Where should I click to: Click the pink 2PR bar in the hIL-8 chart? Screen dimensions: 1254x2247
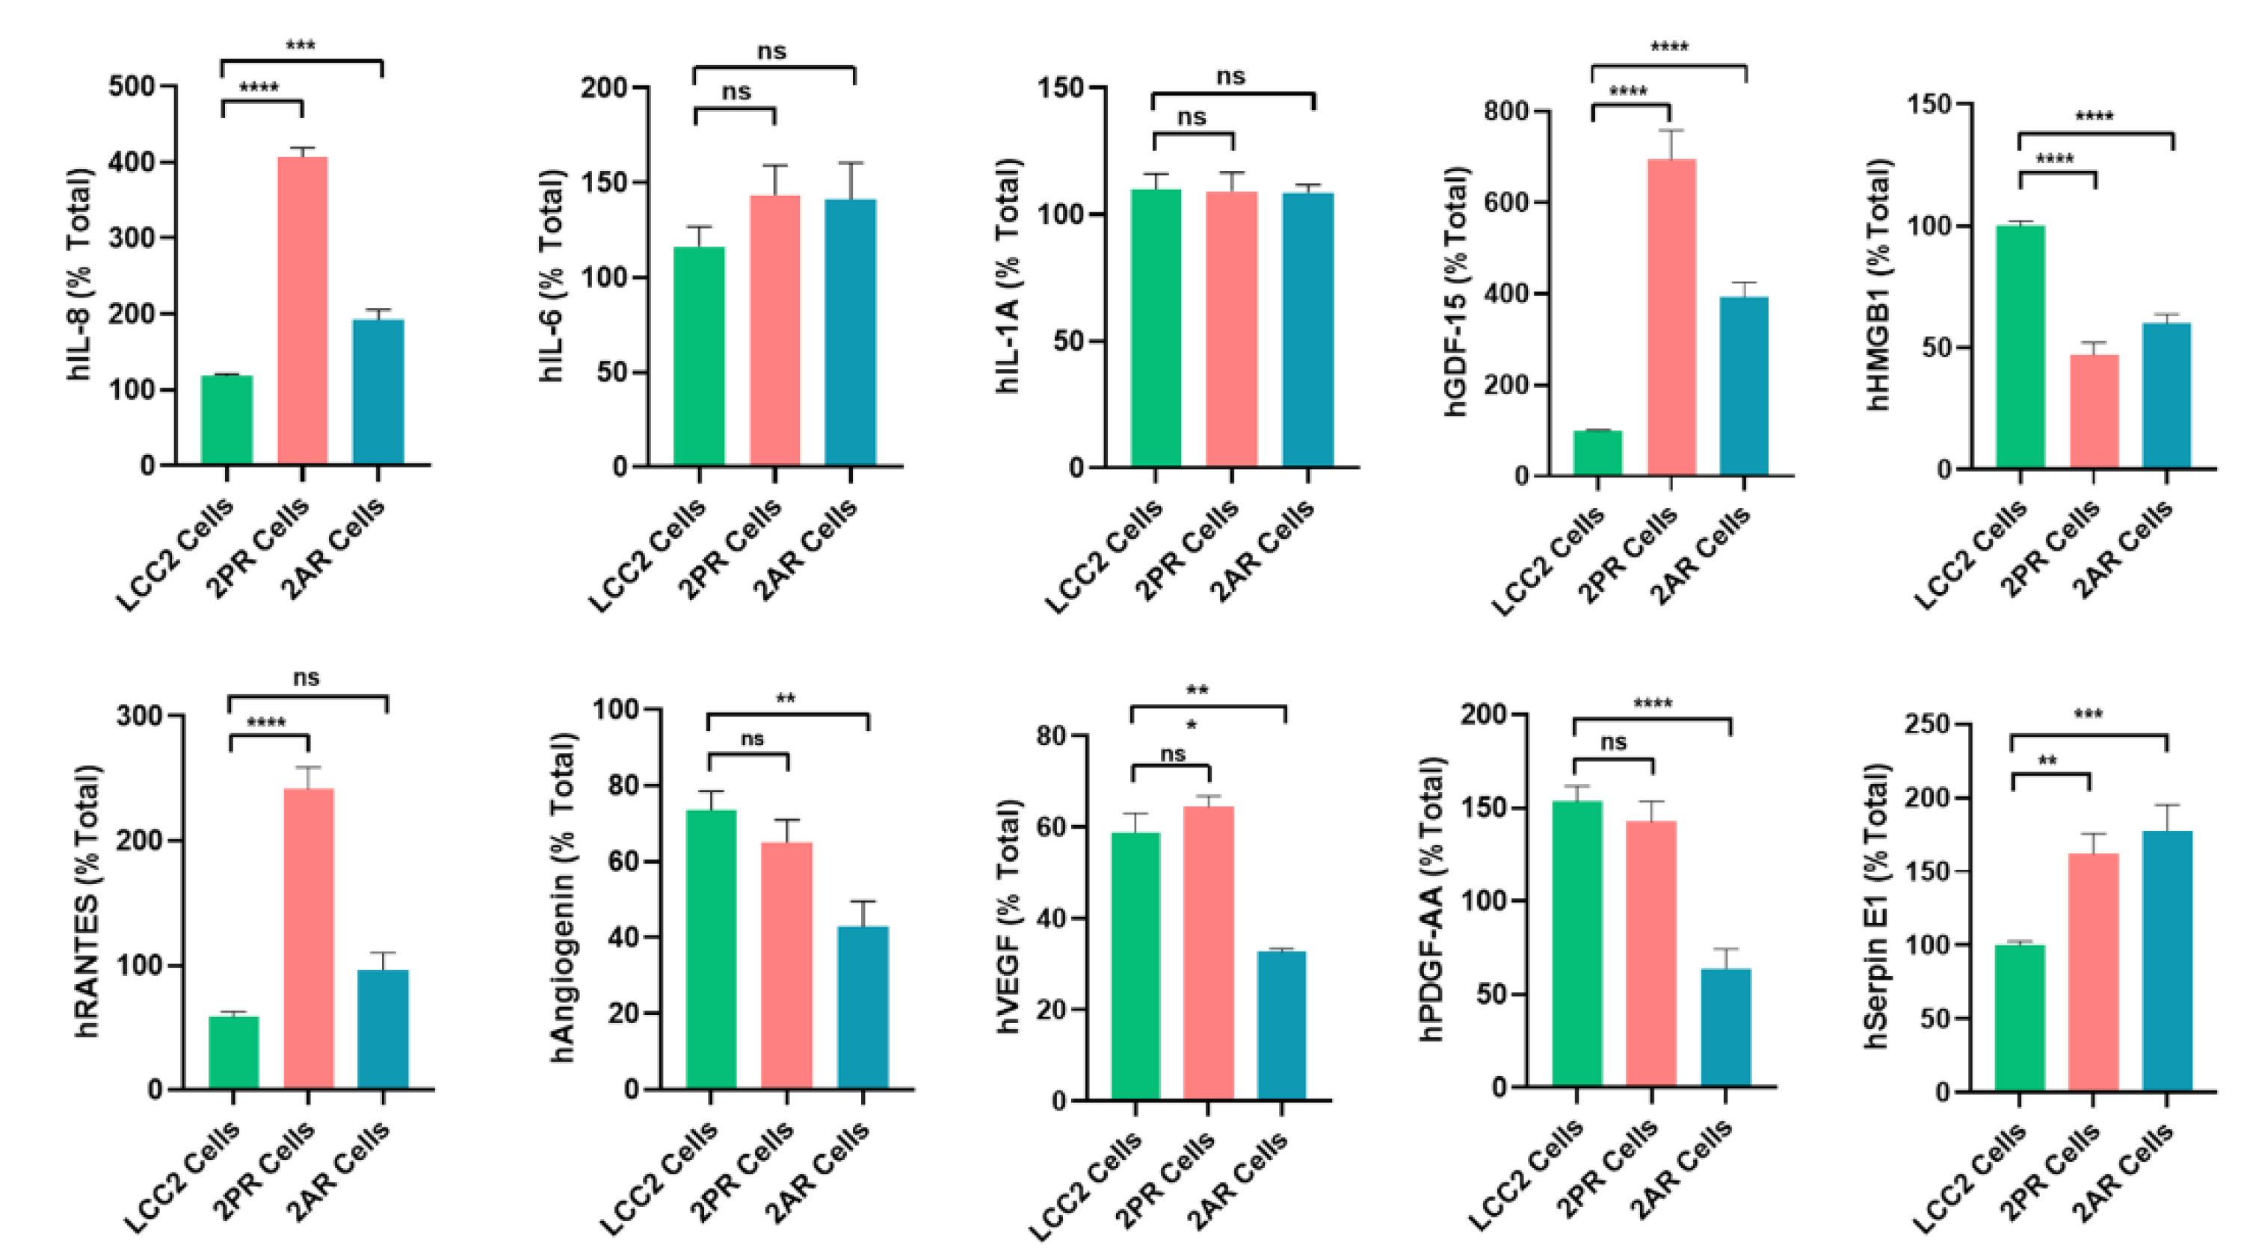click(303, 309)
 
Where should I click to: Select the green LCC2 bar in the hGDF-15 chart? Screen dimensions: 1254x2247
click(1597, 453)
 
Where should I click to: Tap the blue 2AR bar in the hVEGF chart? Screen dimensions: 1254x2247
click(1281, 1025)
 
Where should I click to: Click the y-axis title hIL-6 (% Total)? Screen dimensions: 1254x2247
click(551, 276)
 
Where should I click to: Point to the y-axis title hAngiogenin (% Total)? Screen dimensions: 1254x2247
click(564, 898)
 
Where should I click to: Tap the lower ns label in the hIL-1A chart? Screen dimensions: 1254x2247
click(1192, 117)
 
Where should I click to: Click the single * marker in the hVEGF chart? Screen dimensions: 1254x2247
click(1192, 726)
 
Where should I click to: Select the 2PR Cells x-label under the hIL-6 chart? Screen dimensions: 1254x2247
click(731, 549)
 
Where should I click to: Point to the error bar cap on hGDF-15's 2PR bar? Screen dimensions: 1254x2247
click(1671, 130)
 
